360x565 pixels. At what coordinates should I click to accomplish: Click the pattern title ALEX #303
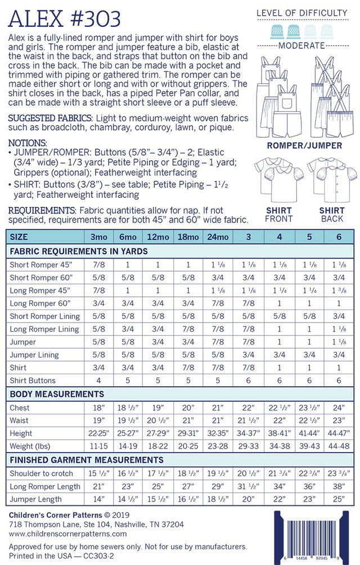[65, 18]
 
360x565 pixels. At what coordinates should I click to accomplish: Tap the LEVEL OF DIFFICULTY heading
[309, 13]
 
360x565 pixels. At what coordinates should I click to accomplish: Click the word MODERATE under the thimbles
[309, 46]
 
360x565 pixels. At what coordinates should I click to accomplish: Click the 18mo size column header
[188, 237]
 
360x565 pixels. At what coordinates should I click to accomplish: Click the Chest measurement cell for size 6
[339, 408]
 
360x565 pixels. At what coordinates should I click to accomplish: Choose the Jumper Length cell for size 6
[339, 499]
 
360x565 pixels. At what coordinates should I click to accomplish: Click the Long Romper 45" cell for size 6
[339, 290]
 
